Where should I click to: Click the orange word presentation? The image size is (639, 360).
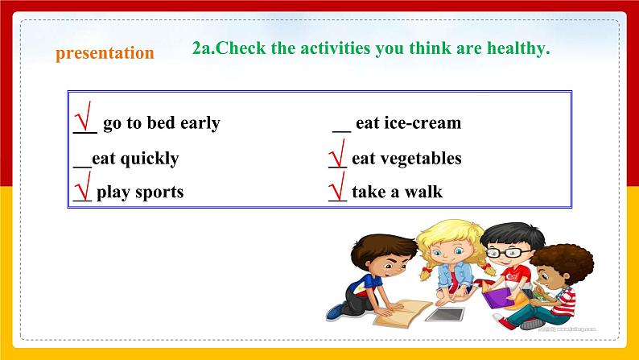coord(105,53)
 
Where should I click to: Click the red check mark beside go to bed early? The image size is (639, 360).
coord(83,116)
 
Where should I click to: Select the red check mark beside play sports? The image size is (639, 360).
coord(83,186)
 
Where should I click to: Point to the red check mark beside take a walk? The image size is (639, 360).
coord(337,186)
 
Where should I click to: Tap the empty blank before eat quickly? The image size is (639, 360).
coord(82,167)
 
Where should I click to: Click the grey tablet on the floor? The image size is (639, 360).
coord(444,314)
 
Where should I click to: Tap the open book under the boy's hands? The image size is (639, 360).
coord(402,312)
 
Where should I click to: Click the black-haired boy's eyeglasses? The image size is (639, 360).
coord(505,253)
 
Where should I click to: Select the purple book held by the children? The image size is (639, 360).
coord(498,298)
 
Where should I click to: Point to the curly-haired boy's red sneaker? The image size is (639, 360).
coord(503,322)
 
